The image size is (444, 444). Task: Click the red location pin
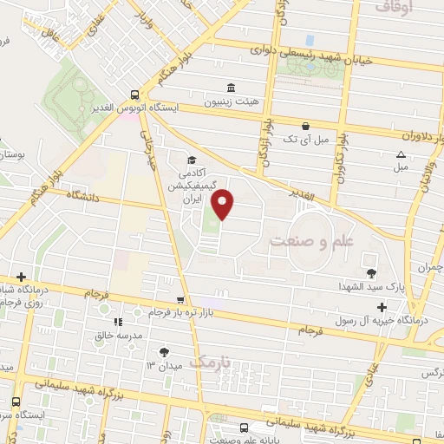[224, 204]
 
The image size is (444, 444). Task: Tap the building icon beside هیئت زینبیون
[230, 88]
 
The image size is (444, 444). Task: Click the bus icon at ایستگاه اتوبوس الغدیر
[134, 95]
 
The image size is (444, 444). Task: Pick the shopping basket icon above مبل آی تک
[305, 125]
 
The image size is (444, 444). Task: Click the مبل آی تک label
[310, 139]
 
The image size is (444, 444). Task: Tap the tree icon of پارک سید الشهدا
[372, 260]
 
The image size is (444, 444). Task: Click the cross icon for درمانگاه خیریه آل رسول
[382, 307]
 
